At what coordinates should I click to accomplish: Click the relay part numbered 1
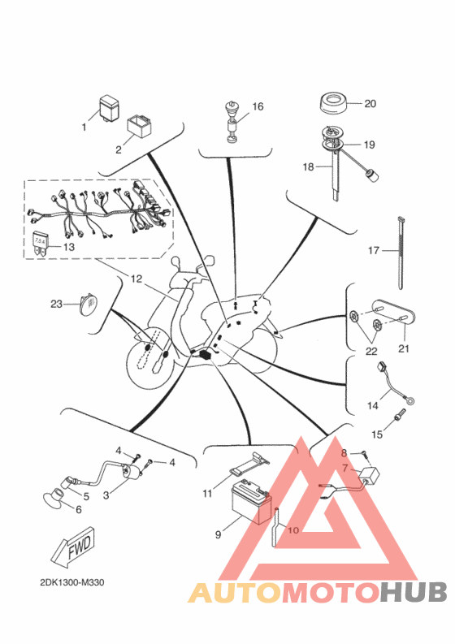coord(109,108)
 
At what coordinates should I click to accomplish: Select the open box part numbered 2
coord(139,127)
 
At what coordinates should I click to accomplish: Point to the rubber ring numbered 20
coord(333,105)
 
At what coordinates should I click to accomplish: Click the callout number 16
coord(258,106)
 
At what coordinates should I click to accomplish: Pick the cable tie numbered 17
coord(401,253)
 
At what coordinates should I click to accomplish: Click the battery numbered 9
coord(252,503)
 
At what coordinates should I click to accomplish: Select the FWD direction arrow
coord(73,547)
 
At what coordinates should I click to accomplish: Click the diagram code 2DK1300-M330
coord(72,582)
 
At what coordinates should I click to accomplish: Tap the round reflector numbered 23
coord(89,304)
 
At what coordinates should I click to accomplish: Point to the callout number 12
coord(136,279)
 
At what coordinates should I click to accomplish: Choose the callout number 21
coord(404,348)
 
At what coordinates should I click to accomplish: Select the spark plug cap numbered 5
coord(68,482)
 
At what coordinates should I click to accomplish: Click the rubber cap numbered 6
coord(53,498)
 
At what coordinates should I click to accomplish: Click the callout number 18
coord(308,166)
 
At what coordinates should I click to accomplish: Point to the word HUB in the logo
coord(413,592)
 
